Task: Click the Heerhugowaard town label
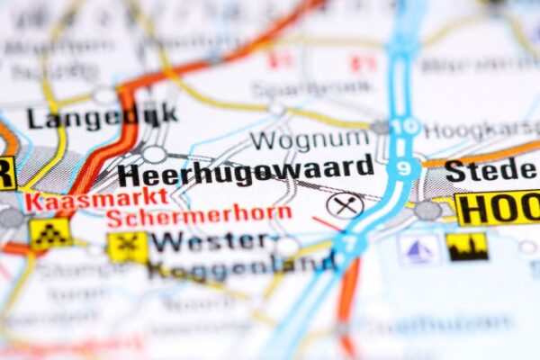245,171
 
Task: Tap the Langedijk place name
101,116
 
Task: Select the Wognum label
310,139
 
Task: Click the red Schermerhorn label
198,215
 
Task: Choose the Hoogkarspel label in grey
482,130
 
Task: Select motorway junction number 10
408,125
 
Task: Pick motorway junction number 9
405,166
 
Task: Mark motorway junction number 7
349,241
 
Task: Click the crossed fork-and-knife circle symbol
345,205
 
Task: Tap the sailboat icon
418,247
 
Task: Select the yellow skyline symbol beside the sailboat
467,247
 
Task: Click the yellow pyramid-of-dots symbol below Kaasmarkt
49,234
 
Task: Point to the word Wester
209,241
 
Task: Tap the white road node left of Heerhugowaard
154,154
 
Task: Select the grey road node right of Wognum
381,128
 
